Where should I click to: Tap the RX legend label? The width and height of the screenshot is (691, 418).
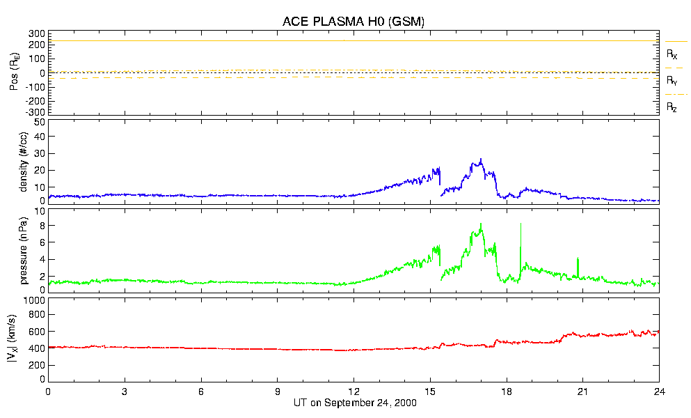(x=672, y=54)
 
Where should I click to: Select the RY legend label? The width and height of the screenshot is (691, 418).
(x=672, y=81)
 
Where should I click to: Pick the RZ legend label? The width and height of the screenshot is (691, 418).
(x=672, y=107)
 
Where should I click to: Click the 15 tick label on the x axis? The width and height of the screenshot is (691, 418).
(x=429, y=392)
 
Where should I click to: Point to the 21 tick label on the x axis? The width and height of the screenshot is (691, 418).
(x=582, y=392)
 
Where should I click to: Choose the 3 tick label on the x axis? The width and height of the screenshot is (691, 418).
(x=125, y=392)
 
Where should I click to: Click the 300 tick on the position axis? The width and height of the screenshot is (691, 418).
(x=37, y=33)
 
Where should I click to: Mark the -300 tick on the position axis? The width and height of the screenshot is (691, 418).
(x=35, y=111)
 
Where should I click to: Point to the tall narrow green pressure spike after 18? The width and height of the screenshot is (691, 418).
(x=521, y=225)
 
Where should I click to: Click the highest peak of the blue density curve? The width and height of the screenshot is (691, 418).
(x=480, y=160)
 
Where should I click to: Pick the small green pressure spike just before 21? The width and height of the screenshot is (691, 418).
(x=578, y=259)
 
